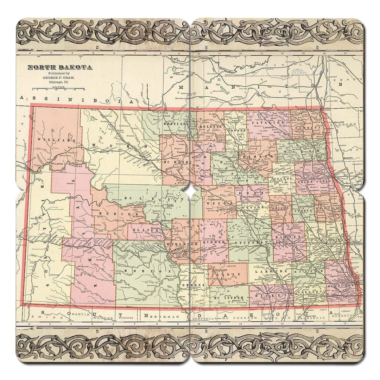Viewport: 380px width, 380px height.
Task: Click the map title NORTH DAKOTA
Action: pyautogui.click(x=60, y=67)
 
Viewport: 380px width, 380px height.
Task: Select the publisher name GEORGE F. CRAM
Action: pyautogui.click(x=60, y=78)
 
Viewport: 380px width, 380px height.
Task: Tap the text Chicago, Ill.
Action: pyautogui.click(x=60, y=82)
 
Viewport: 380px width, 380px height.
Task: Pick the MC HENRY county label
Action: pyautogui.click(x=176, y=161)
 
